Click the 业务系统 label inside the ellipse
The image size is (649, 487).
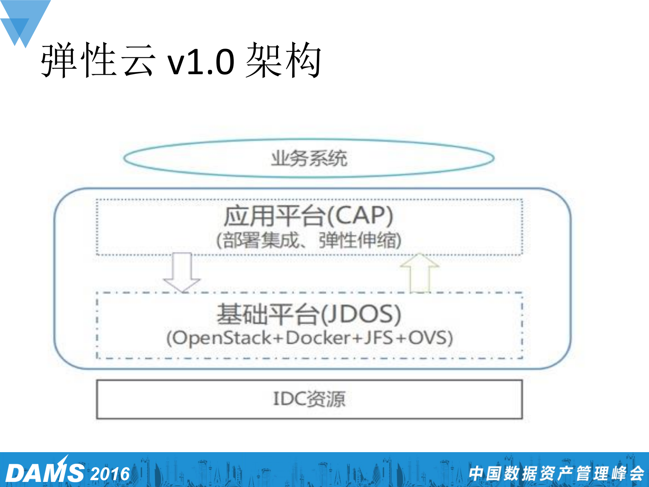309,158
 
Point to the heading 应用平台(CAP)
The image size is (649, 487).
308,216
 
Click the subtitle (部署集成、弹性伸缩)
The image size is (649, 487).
308,240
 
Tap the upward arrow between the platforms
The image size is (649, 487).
420,272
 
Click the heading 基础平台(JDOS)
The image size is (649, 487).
308,314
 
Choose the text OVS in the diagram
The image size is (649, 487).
428,338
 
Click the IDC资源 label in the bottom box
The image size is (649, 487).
309,399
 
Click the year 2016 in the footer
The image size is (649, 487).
110,473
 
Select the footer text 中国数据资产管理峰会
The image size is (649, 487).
556,473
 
